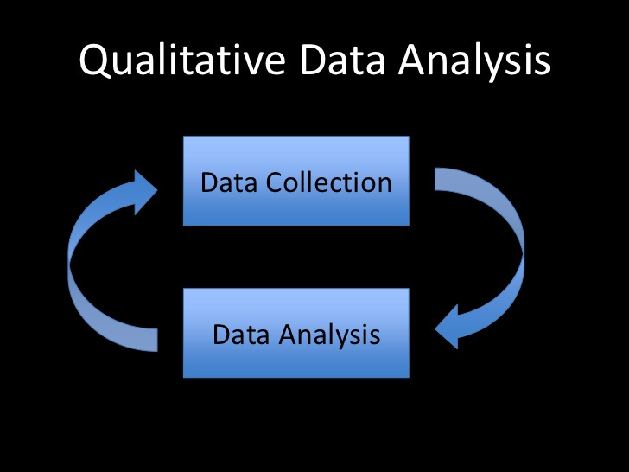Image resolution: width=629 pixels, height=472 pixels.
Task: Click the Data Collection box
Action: click(295, 181)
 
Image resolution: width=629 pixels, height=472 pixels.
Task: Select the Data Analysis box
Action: click(295, 333)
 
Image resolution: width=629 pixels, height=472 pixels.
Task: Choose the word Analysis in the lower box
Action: click(333, 335)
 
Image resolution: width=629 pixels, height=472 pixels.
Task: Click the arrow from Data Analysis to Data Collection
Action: click(86, 259)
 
